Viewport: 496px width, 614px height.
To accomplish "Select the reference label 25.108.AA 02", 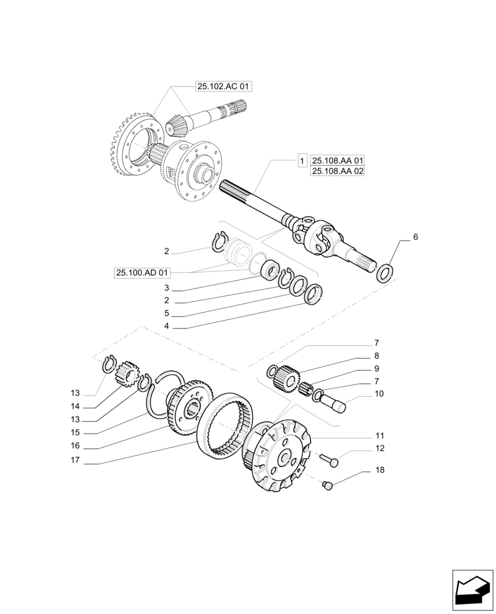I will (x=338, y=172).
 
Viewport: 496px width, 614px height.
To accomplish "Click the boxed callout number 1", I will (x=302, y=161).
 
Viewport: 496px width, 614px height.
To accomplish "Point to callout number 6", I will (x=416, y=237).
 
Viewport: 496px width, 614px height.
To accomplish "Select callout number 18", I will (x=380, y=470).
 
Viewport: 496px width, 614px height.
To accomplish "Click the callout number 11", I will (x=380, y=436).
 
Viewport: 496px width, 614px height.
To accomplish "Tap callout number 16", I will (x=75, y=445).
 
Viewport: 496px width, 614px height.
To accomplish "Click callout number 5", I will (x=166, y=313).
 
